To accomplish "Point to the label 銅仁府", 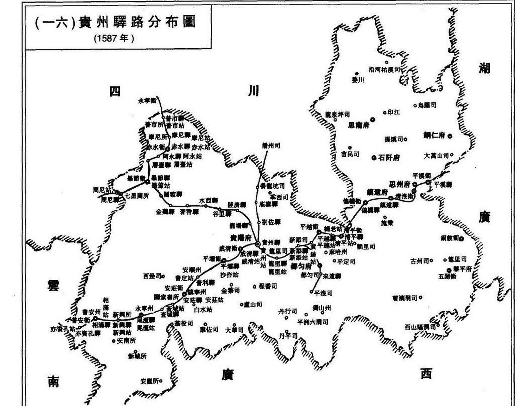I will point(434,135).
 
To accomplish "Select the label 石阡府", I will point(389,157).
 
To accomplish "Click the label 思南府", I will point(359,125).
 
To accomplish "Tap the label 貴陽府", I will point(240,238).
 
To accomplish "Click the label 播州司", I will point(271,146).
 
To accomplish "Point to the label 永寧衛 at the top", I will point(147,101).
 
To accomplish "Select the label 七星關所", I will point(137,196).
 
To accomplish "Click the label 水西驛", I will point(208,200).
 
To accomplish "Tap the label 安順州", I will point(192,270).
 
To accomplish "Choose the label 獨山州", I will point(321,308).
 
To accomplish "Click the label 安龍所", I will point(149,381).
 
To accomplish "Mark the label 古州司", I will point(420,261).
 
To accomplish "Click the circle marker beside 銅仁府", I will point(450,136).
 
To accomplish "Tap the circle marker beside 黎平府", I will point(449,270).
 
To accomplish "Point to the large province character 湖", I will point(484,68).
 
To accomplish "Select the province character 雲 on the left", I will point(53,285).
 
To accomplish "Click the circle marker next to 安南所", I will point(113,341).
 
